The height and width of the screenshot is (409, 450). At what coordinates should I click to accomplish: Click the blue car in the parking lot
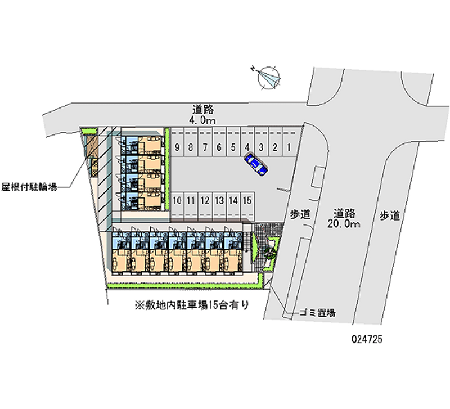click(256, 164)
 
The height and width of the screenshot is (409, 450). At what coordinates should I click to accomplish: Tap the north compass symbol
click(269, 77)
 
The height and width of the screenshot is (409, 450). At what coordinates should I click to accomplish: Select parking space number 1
click(289, 147)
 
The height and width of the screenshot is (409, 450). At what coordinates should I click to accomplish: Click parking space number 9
click(177, 147)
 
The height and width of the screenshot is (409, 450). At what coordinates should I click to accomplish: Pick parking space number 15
click(247, 200)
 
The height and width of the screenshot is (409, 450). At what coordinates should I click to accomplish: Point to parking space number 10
click(177, 200)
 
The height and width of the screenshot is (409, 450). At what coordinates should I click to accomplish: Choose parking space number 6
click(219, 147)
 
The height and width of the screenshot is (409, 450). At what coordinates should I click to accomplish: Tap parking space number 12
click(205, 200)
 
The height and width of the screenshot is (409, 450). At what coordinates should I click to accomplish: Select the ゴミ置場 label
click(318, 312)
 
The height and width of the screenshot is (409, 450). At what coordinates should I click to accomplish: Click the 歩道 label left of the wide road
click(301, 214)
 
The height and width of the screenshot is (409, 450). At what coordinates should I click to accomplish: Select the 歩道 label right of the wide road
click(390, 214)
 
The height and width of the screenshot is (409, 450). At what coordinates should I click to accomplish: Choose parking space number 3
click(261, 147)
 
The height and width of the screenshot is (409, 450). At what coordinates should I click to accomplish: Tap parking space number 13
click(219, 200)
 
